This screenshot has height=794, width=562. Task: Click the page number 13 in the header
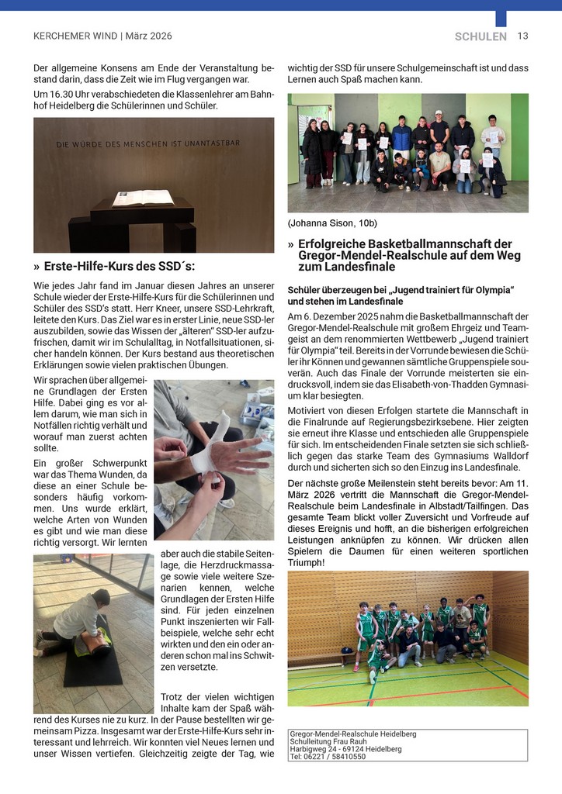(x=522, y=36)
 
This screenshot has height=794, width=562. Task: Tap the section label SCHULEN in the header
(x=480, y=36)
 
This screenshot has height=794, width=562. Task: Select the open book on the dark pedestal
(x=143, y=198)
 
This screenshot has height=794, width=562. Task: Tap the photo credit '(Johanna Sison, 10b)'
(x=332, y=223)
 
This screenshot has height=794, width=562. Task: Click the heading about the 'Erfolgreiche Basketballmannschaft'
(x=404, y=255)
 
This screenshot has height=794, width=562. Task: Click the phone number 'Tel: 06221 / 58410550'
(x=327, y=757)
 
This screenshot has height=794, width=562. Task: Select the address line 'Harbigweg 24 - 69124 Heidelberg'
(x=345, y=749)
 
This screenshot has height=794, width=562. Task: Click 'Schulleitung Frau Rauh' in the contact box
(x=330, y=741)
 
